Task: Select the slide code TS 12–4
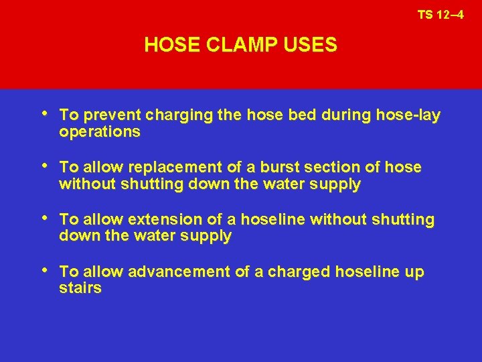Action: [440, 14]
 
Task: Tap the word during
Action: [343, 116]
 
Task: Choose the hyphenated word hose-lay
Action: [408, 116]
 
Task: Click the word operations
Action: [100, 132]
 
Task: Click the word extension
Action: [167, 219]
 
